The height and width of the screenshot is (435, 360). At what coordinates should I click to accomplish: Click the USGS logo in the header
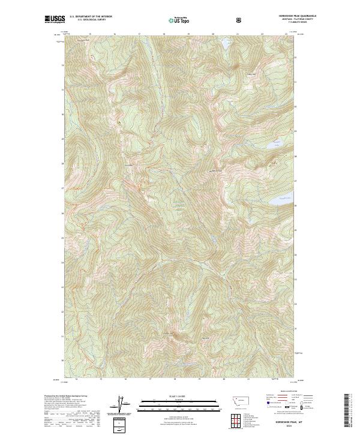pyautogui.click(x=55, y=19)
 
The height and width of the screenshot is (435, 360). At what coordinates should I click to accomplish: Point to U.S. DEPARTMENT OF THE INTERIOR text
pyautogui.click(x=91, y=17)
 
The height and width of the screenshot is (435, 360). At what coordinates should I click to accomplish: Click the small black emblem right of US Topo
pyautogui.click(x=240, y=19)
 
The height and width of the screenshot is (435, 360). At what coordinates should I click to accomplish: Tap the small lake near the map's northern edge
pyautogui.click(x=226, y=44)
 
